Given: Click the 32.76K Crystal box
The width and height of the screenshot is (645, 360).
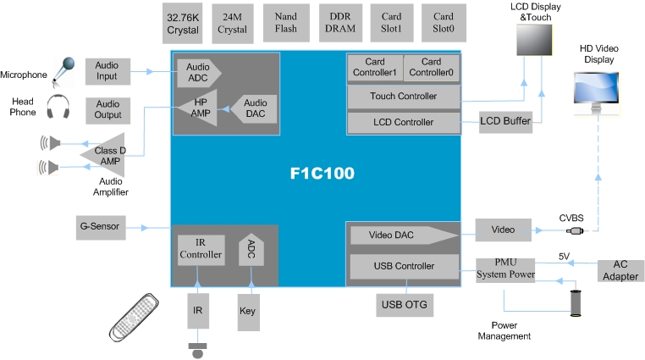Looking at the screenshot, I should [183, 23].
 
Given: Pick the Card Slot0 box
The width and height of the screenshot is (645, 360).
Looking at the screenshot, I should [443, 23].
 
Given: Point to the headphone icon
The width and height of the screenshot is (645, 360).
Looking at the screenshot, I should [58, 108].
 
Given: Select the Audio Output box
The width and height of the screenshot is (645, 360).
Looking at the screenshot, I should [107, 109].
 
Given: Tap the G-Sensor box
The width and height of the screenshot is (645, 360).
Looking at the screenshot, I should [100, 226].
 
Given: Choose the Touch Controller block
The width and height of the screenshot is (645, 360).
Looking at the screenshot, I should [404, 97].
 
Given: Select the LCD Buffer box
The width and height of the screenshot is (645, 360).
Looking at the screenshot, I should [505, 122].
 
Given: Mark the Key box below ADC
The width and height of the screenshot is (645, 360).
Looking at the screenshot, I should [247, 311].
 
